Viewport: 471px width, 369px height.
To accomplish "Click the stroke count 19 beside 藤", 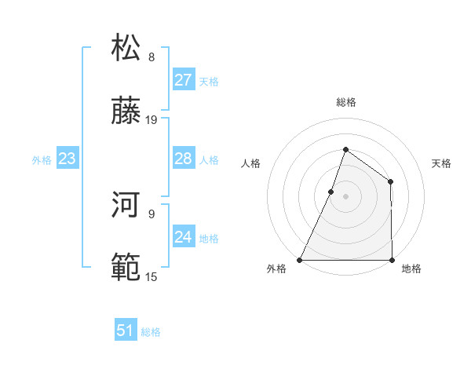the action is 152,120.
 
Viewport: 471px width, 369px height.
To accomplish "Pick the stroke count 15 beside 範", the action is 152,276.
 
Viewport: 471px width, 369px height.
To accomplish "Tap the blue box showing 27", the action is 183,80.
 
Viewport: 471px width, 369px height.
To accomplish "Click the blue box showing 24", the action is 183,237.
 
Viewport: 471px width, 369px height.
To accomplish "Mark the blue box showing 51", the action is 126,331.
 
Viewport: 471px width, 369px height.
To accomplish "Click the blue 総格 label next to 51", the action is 151,332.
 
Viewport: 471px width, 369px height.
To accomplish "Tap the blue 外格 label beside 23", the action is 42,160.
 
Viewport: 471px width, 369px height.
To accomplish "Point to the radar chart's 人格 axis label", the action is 250,164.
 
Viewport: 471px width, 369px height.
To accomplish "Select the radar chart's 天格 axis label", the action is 441,164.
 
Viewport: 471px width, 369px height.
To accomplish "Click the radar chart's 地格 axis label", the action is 411,269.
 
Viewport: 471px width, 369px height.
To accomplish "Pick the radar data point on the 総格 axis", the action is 345,149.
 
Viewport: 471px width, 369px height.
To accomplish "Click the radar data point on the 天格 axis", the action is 390,182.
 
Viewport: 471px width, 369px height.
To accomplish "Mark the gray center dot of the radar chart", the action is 345,196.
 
